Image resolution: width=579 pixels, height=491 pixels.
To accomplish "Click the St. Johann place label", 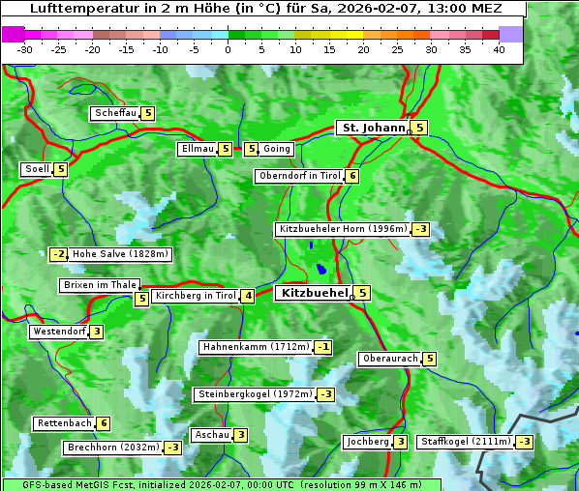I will (x=372, y=128).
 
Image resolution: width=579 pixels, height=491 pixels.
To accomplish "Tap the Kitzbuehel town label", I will (x=313, y=292).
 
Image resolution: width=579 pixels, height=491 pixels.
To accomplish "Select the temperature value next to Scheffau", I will (x=148, y=113).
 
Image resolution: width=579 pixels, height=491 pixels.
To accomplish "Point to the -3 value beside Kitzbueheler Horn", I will (x=420, y=229).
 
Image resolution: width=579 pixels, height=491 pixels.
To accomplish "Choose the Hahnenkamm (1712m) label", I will (x=256, y=347).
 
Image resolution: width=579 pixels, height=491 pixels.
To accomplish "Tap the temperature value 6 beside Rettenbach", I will (x=104, y=423).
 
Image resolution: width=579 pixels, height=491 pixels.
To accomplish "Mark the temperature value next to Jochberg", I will (x=400, y=442).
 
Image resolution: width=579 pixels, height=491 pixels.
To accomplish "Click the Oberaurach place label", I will (x=389, y=359).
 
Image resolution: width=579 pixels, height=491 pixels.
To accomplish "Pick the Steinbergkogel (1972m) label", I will (x=255, y=394).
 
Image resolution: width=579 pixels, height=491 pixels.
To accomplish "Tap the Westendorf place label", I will (x=59, y=332).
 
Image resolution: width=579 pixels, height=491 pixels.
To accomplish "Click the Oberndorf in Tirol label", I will (x=299, y=176).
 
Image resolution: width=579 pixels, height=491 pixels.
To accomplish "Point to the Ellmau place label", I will (x=197, y=149).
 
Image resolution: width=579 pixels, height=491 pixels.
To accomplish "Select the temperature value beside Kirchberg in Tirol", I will (x=248, y=296).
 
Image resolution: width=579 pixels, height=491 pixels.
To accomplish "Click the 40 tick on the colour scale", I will (x=499, y=49).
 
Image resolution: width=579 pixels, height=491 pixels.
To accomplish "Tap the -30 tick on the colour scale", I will (x=25, y=49).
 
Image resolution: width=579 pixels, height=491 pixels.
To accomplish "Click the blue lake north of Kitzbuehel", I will (x=320, y=270).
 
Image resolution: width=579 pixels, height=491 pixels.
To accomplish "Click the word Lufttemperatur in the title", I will (x=77, y=8).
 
